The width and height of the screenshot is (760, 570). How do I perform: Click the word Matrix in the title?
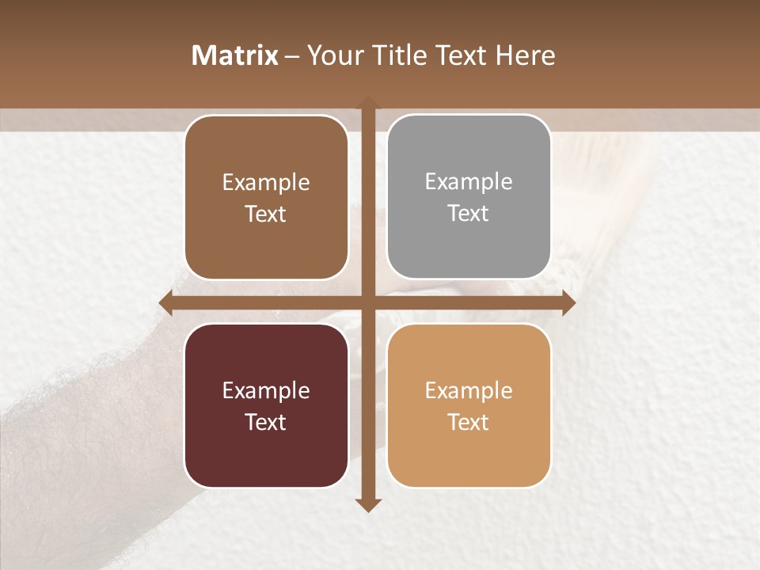pos(235,55)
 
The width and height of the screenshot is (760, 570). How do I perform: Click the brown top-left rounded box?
pos(266,198)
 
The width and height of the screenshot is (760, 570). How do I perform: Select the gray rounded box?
pos(469,197)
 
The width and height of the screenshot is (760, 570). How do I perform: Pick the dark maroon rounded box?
pos(266,406)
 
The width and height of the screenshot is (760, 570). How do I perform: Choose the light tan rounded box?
pos(469,406)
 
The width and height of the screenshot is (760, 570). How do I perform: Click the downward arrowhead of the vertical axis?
pos(368,505)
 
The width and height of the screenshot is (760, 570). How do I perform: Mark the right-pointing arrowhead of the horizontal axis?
pos(568,302)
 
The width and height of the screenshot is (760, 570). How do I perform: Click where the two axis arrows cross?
pos(368,302)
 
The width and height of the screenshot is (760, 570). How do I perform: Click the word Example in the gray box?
pos(469,182)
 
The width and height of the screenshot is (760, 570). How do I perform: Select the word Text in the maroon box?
pos(266,422)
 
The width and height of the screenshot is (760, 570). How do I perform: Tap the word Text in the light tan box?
pos(469,422)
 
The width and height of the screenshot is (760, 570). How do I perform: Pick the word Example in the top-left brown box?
pos(266,183)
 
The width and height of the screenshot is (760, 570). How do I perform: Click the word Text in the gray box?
pos(469,213)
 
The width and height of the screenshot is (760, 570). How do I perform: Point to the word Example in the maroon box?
pos(266,391)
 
